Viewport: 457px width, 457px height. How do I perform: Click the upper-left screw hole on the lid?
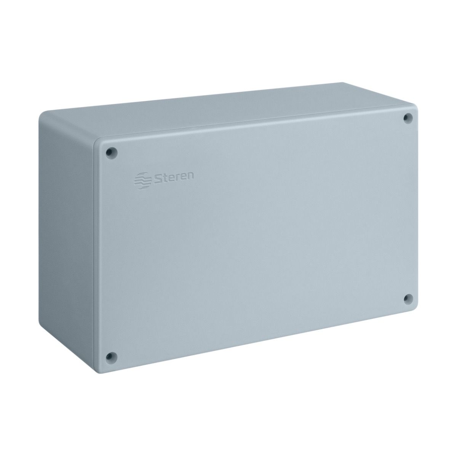tap(112, 152)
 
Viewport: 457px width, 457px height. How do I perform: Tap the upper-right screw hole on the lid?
tap(408, 118)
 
